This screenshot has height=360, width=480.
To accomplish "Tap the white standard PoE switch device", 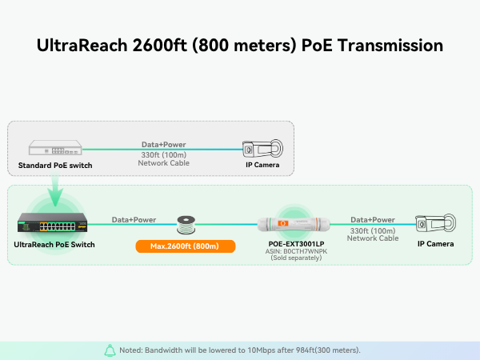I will [54, 148].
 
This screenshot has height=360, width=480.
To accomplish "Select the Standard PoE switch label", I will [55, 166].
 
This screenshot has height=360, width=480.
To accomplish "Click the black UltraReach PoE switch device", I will [54, 225].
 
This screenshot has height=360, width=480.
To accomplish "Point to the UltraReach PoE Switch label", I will [54, 244].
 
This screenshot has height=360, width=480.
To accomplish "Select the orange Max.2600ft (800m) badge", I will [186, 246].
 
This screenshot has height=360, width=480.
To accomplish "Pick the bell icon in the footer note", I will [110, 350].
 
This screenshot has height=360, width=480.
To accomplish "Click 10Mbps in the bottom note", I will [248, 350].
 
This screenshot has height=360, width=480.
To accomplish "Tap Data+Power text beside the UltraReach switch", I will [133, 218].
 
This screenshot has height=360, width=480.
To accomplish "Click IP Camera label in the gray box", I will [262, 166].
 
